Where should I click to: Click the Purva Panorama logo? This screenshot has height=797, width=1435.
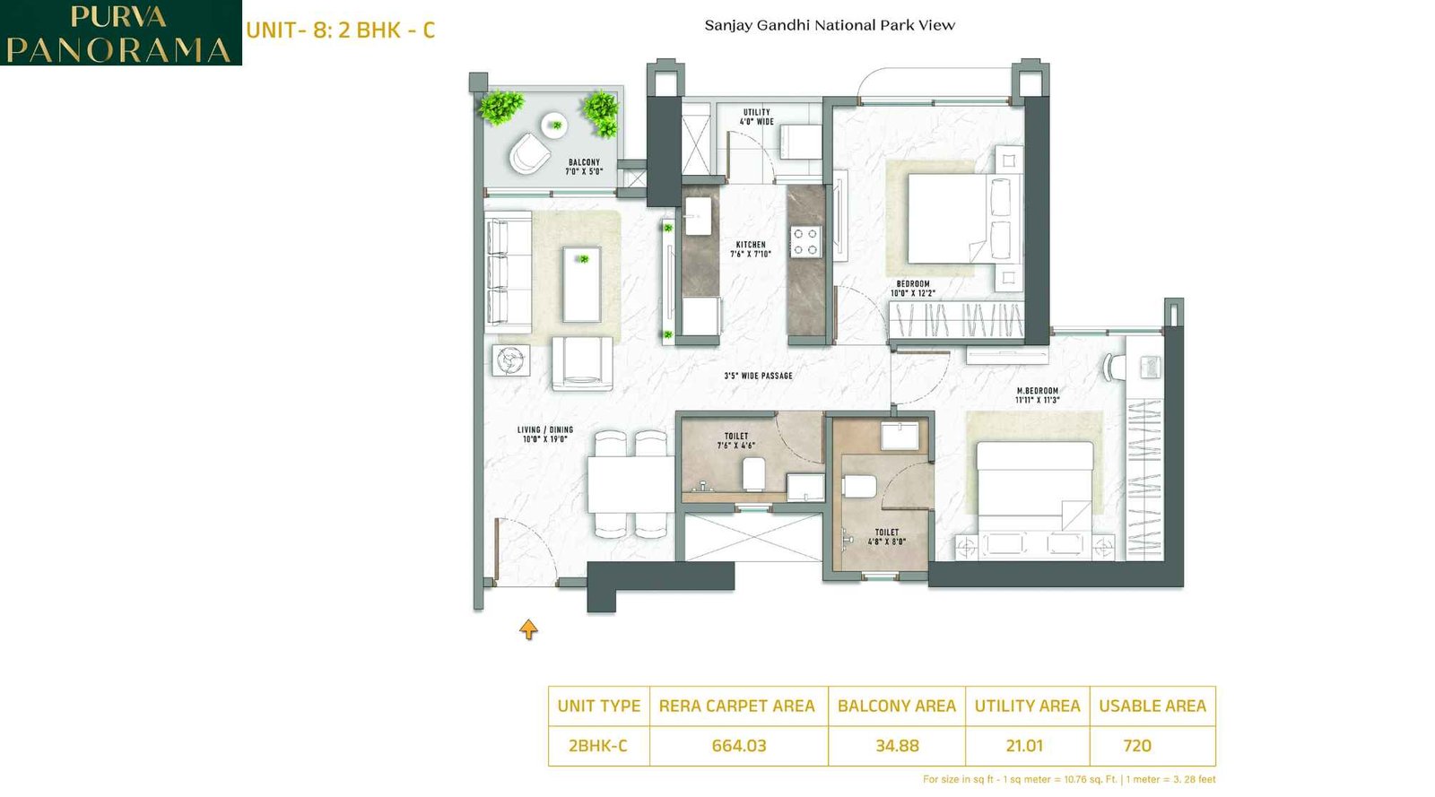pos(120,33)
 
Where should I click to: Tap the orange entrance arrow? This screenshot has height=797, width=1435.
pos(528,629)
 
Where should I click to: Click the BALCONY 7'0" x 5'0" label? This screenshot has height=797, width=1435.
pos(584,167)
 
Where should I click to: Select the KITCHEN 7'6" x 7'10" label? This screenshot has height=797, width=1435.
pos(751,249)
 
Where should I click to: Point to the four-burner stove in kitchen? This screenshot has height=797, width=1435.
pos(804,241)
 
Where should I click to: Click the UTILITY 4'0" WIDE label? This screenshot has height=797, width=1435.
pos(756,117)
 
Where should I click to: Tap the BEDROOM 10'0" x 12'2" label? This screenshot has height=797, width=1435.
pos(913,288)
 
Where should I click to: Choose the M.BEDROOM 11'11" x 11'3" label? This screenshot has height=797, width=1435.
pos(1037,395)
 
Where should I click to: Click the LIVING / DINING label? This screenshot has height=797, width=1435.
pos(545,434)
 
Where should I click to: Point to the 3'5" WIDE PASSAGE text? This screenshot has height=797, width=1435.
pos(758,376)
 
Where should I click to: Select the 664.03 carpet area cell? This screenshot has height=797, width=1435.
pos(738,746)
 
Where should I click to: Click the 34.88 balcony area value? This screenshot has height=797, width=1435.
pos(897,746)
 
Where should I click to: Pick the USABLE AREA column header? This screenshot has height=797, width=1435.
pos(1152,706)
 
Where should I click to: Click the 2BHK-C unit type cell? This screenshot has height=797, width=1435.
pos(598,746)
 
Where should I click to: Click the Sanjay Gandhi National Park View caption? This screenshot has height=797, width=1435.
pos(830,25)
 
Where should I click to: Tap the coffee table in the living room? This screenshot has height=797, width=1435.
pos(581,284)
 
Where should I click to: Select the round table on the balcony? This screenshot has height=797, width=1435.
pos(554,125)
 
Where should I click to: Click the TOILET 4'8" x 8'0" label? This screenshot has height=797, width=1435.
pos(886,536)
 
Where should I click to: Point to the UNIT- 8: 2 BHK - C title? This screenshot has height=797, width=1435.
pos(340,30)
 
